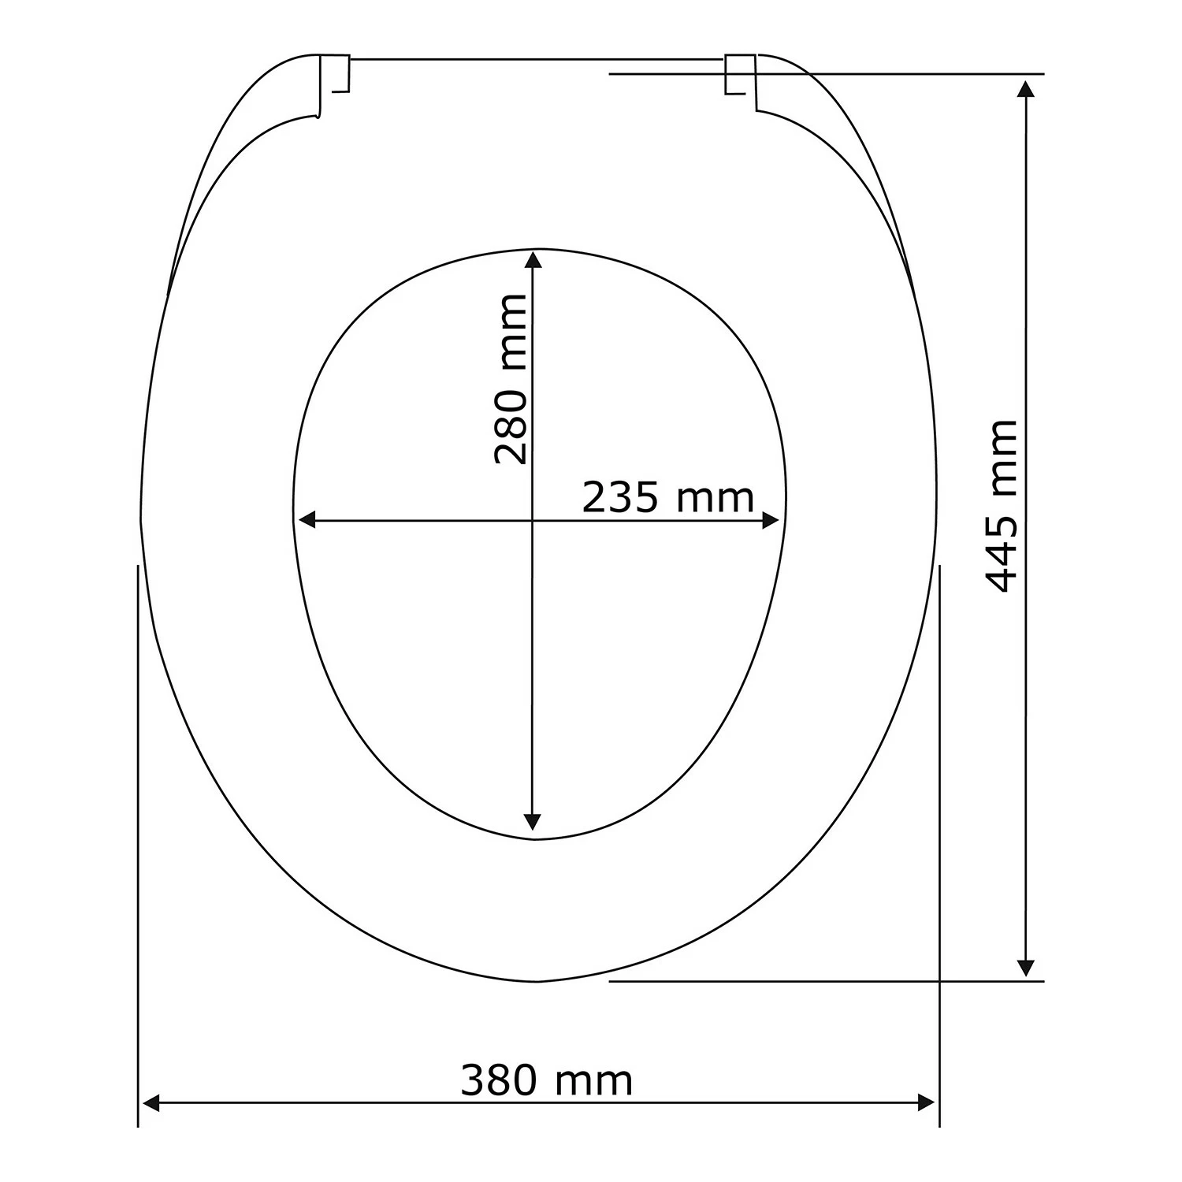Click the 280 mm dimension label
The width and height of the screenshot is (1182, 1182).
tap(511, 379)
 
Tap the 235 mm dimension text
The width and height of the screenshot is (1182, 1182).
tap(668, 497)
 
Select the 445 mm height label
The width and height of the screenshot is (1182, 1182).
tap(1002, 506)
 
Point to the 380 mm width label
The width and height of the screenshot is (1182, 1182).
tap(547, 1081)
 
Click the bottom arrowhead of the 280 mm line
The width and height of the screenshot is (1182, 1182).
tap(533, 821)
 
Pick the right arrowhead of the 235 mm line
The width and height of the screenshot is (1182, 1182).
tap(770, 520)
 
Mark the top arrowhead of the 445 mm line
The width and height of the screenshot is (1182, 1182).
tap(1025, 87)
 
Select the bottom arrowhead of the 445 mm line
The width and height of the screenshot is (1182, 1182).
tap(1025, 968)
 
